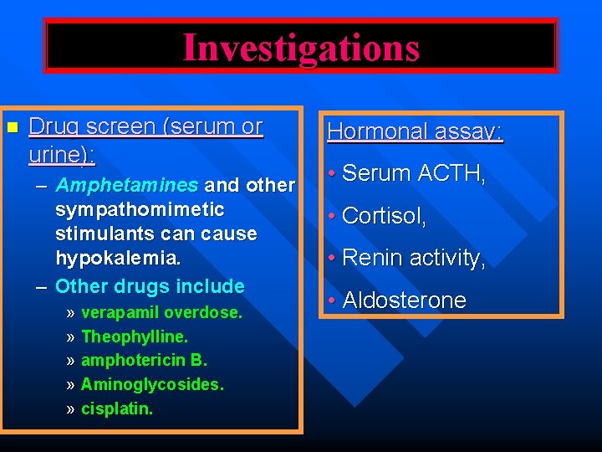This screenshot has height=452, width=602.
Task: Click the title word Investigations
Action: coord(301,47)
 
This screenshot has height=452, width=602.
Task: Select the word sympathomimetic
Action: coord(140,208)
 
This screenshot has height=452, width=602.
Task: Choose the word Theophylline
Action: coord(135,336)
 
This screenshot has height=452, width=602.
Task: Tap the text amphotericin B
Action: coord(144,361)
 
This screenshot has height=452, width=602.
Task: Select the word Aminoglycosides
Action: coord(152,385)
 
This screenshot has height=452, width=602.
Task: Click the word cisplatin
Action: coord(117,409)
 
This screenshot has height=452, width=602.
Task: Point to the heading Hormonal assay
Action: coord(415,131)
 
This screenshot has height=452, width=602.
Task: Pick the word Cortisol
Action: coord(385,216)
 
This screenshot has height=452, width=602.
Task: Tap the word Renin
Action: coord(371,259)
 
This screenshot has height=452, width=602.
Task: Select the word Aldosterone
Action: coord(405,300)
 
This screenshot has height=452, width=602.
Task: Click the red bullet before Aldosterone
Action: coord(332,300)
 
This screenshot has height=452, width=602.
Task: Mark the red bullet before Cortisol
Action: coord(332,216)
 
